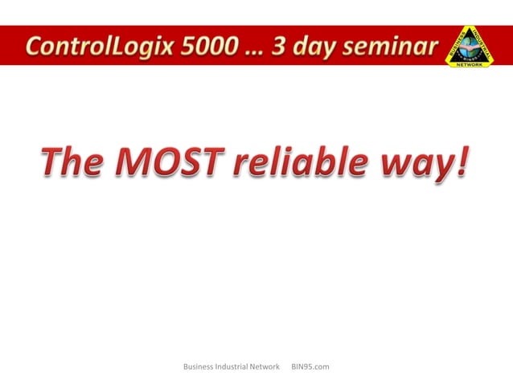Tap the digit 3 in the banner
click(282, 46)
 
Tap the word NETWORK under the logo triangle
click(470, 65)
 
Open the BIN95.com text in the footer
click(310, 367)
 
